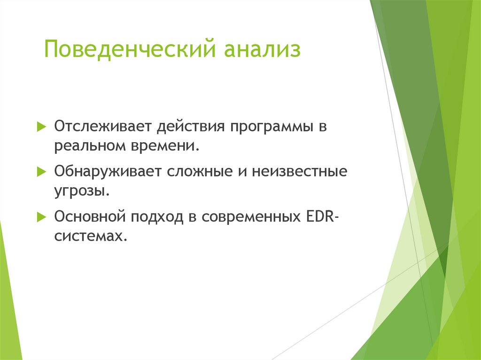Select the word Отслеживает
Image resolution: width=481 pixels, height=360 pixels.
(103, 126)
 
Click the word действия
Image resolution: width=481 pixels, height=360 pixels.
(191, 127)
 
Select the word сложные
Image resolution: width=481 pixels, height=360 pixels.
(200, 172)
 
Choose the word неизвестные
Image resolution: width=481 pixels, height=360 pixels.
(300, 172)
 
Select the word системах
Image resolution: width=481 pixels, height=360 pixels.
(91, 237)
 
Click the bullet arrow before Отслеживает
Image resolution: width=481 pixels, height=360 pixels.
(41, 126)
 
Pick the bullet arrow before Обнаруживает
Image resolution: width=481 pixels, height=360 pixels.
(41, 171)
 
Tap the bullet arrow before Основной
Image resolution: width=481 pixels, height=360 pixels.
(41, 217)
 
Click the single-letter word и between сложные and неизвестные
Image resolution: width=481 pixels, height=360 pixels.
(243, 172)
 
